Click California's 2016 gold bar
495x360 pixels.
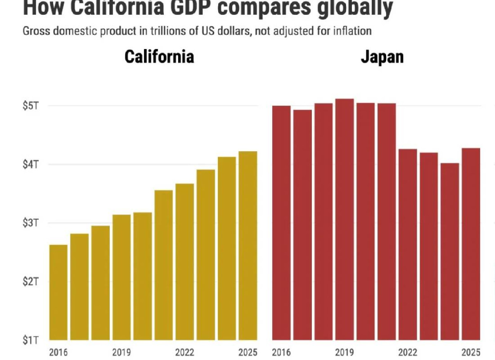pyautogui.click(x=58, y=292)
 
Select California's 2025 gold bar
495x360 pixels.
pyautogui.click(x=248, y=246)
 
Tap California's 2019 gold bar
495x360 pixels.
pyautogui.click(x=121, y=277)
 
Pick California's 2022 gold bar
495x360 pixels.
pyautogui.click(x=184, y=262)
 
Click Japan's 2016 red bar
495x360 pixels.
pyautogui.click(x=281, y=223)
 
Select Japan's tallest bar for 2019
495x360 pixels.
pyautogui.click(x=344, y=219)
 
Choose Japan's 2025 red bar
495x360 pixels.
pyautogui.click(x=471, y=244)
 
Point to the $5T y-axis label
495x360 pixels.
pyautogui.click(x=31, y=106)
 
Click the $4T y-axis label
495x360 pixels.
pyautogui.click(x=31, y=165)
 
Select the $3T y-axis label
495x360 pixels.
pyautogui.click(x=31, y=223)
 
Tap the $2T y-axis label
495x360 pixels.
pyautogui.click(x=31, y=282)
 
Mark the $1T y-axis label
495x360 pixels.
pyautogui.click(x=31, y=341)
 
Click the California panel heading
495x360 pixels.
pyautogui.click(x=159, y=57)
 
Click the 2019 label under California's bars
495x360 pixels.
pyautogui.click(x=121, y=353)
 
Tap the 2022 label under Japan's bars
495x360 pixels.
pyautogui.click(x=408, y=353)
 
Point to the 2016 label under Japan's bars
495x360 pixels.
pyautogui.click(x=281, y=353)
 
